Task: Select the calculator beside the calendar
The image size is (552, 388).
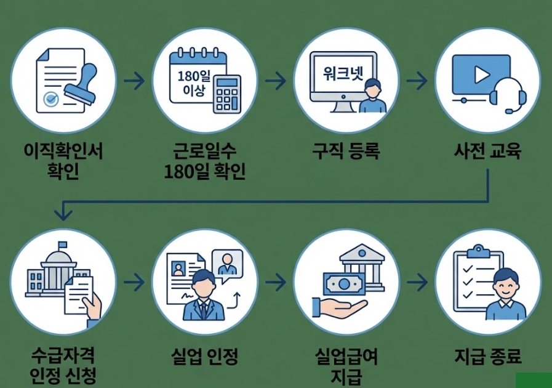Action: (x=227, y=94)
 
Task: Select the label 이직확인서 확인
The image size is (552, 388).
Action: (x=63, y=160)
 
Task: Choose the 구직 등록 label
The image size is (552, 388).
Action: (x=346, y=151)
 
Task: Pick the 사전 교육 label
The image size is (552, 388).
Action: (x=487, y=151)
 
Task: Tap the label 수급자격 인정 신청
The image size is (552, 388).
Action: (x=63, y=366)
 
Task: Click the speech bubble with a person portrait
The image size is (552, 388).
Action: (x=226, y=263)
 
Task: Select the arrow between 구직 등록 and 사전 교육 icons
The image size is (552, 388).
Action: (x=417, y=81)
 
